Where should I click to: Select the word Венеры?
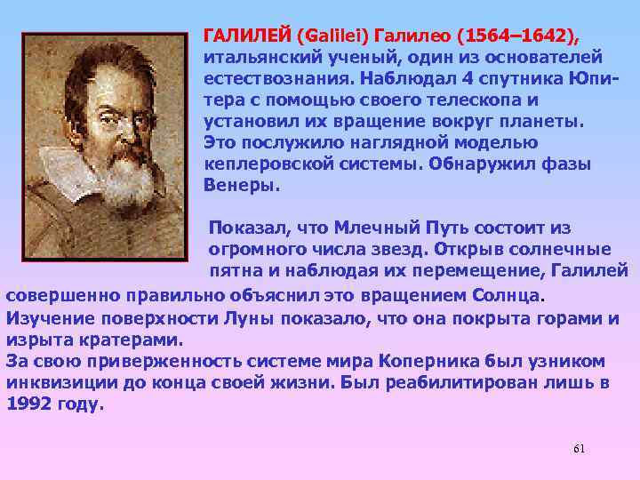pos(240,186)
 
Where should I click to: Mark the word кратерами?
pos(136,339)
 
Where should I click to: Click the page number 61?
pos(579,448)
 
